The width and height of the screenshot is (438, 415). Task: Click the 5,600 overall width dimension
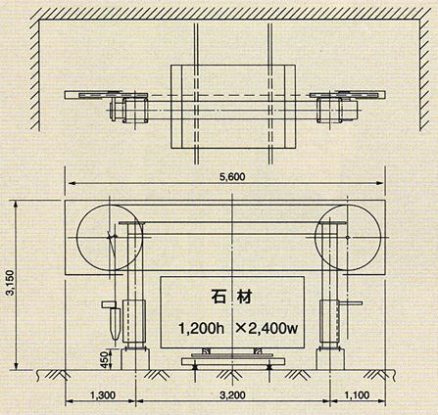click(x=232, y=177)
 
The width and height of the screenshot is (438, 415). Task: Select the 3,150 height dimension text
click(x=10, y=283)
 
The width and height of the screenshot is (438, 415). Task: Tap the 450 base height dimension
click(x=104, y=359)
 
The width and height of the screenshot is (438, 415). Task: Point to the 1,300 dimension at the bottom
click(x=103, y=395)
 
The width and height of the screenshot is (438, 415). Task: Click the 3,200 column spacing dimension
click(x=232, y=395)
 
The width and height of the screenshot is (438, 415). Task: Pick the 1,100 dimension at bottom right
click(x=358, y=395)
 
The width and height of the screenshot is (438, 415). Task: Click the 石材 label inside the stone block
click(x=232, y=298)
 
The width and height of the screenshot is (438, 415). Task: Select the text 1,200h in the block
click(x=201, y=328)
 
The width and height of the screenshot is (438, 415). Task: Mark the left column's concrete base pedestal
click(x=135, y=359)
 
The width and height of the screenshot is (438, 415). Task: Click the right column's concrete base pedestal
click(x=330, y=359)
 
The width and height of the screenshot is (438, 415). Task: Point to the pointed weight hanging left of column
click(x=115, y=323)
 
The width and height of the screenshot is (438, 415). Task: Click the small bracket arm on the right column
click(x=351, y=303)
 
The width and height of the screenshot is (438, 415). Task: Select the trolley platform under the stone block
click(x=233, y=361)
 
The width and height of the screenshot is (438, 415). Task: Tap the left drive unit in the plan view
click(x=129, y=111)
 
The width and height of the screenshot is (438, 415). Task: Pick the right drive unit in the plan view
click(x=337, y=111)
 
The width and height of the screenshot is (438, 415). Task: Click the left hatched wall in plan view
click(x=34, y=75)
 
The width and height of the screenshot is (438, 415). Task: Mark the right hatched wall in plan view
click(x=425, y=75)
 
